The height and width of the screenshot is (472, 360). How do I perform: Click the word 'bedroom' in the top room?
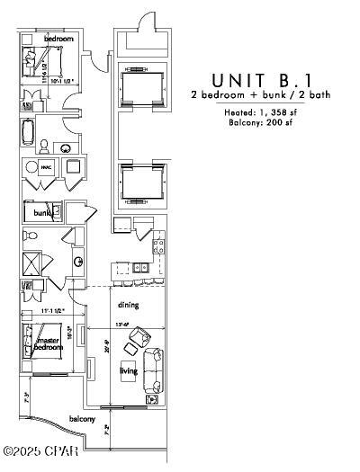59,38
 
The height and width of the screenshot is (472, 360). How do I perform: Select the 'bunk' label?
41,213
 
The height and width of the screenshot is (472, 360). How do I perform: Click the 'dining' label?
127,304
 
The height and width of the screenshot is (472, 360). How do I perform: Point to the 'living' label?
128,368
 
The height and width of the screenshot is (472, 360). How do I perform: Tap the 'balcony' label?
83,418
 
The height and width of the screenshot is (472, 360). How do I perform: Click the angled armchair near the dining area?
139,341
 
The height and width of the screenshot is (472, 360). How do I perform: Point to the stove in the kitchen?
158,241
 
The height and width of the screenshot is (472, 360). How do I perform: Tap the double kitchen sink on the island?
139,267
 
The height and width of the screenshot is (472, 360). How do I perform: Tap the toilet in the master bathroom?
30,236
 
